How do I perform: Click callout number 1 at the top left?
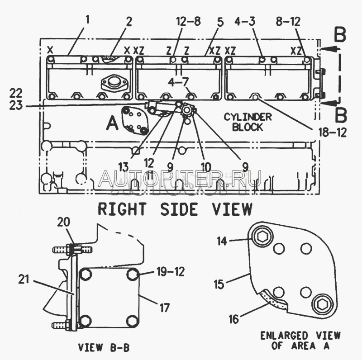pyautogui.click(x=87, y=20)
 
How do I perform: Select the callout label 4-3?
pyautogui.click(x=245, y=21)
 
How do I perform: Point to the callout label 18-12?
pyautogui.click(x=333, y=133)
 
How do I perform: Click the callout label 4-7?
pyautogui.click(x=178, y=82)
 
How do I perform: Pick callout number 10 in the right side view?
pyautogui.click(x=206, y=166)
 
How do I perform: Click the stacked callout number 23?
pyautogui.click(x=16, y=105)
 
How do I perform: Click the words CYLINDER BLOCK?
pyautogui.click(x=248, y=122)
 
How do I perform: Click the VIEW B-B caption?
pyautogui.click(x=104, y=347)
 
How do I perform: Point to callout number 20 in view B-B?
pyautogui.click(x=63, y=222)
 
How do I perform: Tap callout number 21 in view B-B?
pyautogui.click(x=24, y=279)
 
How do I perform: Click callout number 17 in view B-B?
pyautogui.click(x=164, y=308)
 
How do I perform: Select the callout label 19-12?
pyautogui.click(x=171, y=272)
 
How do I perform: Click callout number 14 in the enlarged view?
pyautogui.click(x=222, y=242)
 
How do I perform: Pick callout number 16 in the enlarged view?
pyautogui.click(x=233, y=319)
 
